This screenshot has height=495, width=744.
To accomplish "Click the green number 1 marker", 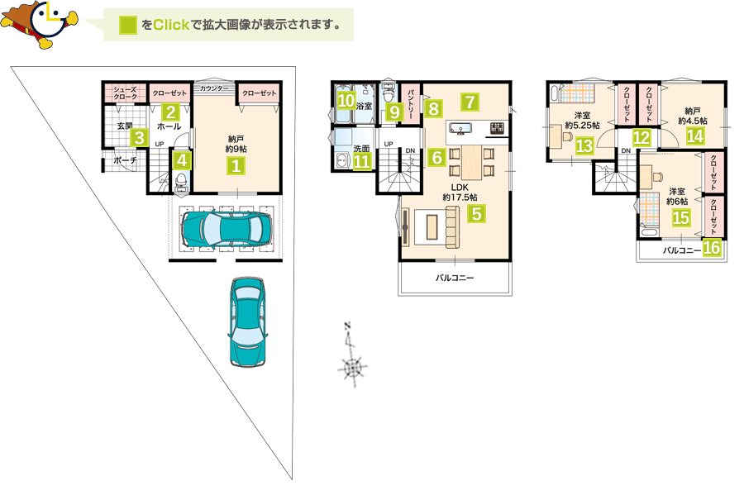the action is pos(236,166).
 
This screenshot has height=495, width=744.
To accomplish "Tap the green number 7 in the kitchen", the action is pos(470,102).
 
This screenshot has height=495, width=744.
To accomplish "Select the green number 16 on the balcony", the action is pos(711,247).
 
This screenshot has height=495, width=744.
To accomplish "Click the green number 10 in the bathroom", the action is pos(346,100).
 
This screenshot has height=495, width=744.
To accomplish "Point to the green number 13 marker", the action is pos(584,145).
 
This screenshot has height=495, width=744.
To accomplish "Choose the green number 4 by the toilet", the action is pos(182,160).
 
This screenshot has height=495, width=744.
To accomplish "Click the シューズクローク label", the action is pos(126,93).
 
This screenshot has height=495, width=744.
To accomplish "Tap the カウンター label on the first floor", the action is pos(214,88).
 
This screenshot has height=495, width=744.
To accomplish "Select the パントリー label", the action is pos(411,103).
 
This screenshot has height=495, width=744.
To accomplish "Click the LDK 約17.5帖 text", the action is pos(460,192).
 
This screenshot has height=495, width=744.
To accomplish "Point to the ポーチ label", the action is pos(126,160).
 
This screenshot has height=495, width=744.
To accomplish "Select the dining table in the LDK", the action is pos(472,162).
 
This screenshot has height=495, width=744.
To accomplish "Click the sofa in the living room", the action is pos(453,228).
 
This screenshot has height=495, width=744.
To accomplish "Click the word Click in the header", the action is pos(171,25).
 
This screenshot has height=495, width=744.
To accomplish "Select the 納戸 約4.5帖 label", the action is pos(692,116).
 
